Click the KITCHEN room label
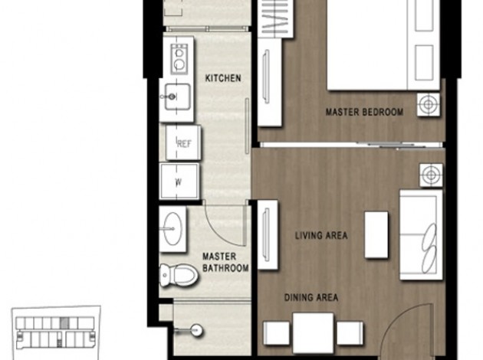coord(223,78)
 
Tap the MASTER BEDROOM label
coord(364,112)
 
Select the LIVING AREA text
coord(321,236)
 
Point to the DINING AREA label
coord(311,297)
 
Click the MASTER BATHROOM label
coord(225,263)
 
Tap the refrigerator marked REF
coord(183,142)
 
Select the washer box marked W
coord(179,182)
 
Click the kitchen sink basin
coord(177,97)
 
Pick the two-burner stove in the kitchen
coord(179,59)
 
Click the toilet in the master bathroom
coord(179,274)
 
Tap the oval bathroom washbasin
coord(172,228)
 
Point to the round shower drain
coord(196,331)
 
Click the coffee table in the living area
coord(376,234)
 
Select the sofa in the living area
coord(421,235)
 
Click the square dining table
coord(314,332)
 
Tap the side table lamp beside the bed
coord(428,105)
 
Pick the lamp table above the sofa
coord(431,175)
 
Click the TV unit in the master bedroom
coord(270,82)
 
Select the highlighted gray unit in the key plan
coord(64,323)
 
